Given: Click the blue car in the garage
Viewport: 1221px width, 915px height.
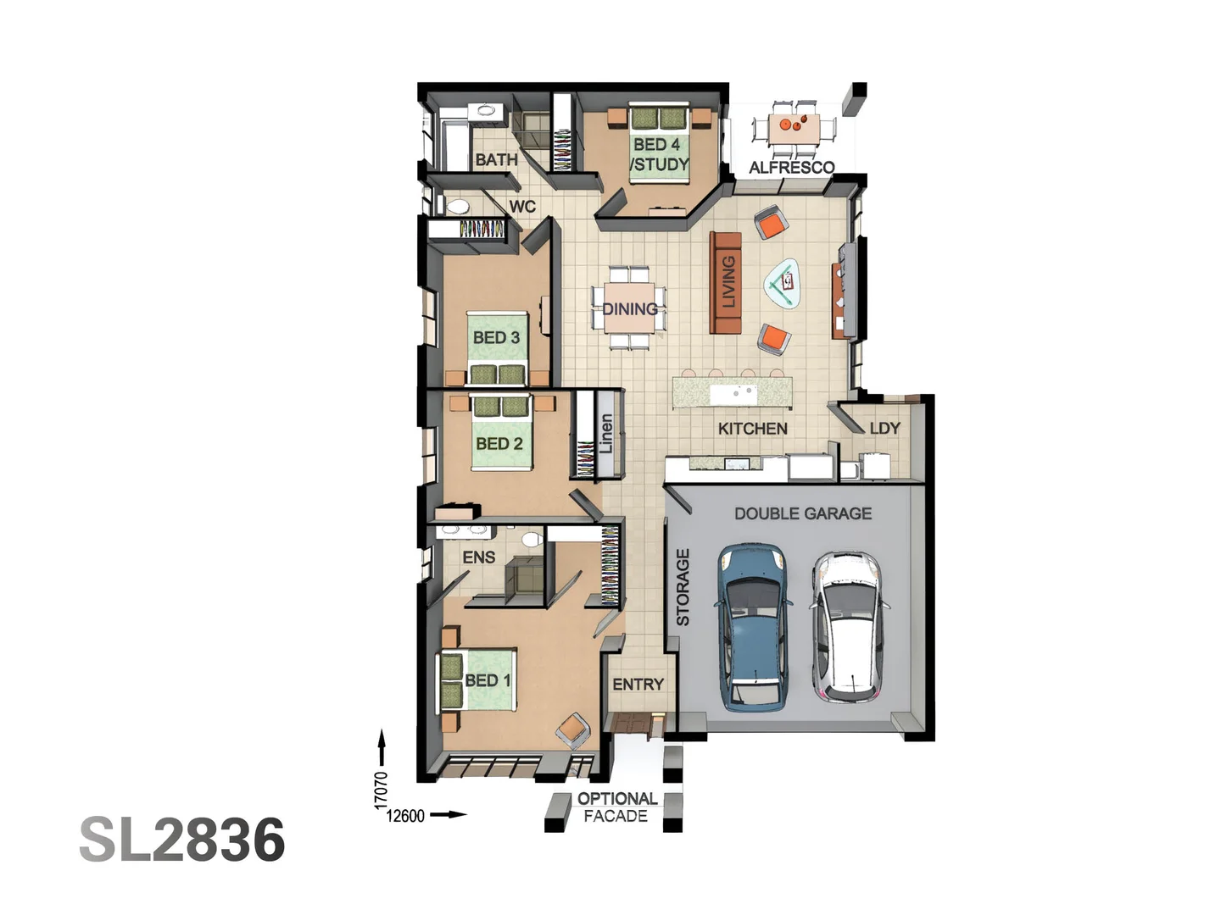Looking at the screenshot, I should point(752,627).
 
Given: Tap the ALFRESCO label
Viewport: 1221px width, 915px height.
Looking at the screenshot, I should point(791,167).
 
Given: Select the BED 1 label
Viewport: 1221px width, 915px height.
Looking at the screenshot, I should point(488,680).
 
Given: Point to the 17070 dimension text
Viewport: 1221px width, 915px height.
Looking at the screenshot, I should point(382,789).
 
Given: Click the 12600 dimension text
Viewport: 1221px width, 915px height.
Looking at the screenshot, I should point(405,816).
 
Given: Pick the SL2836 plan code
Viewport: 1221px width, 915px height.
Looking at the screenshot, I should point(182,840).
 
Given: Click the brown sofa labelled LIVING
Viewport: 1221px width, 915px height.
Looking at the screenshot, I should point(726,283).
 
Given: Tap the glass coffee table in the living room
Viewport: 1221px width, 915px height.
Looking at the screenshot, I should point(783,282).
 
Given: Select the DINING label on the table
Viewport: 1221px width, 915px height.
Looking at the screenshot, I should point(630,309).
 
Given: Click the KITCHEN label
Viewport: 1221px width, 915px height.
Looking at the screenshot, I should point(752,429).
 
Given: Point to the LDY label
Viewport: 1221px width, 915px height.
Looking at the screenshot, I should point(884,428).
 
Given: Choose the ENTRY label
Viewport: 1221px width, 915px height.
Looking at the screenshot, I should point(638,685).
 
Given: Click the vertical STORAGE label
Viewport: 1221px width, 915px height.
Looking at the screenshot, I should point(683,587).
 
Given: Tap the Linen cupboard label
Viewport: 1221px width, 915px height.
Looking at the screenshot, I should point(606,433).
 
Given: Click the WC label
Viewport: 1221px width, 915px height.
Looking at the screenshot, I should point(522,207).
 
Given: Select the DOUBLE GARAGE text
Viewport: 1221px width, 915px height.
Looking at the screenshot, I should point(802,513).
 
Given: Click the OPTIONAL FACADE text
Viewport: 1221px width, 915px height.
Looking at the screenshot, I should point(616,807).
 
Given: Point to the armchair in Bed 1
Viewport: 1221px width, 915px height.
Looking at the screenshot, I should point(574,730).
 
